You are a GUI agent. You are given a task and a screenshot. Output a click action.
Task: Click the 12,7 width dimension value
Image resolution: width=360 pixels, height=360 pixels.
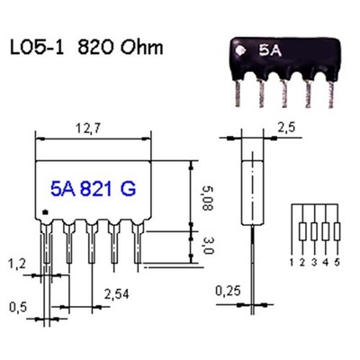(x=88, y=129)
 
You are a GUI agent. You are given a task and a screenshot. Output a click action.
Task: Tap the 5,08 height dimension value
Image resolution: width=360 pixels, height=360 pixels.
(x=207, y=198)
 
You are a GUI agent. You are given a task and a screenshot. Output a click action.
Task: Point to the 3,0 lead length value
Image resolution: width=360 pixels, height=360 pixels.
(x=207, y=247)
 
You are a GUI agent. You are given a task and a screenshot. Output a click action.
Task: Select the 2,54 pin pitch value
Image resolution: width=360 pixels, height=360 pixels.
(x=117, y=294)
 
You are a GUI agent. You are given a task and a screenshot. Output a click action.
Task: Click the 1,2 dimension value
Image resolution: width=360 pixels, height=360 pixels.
(x=17, y=264)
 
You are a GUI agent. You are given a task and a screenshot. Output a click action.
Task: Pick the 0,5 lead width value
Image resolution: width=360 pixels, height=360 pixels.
(x=18, y=307)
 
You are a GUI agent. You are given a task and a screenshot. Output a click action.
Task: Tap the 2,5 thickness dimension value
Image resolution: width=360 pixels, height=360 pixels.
(x=286, y=128)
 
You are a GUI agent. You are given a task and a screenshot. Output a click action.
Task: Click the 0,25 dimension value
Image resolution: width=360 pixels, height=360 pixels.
(x=228, y=291)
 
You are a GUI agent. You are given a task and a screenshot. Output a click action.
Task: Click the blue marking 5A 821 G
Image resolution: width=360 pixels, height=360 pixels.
(x=94, y=189)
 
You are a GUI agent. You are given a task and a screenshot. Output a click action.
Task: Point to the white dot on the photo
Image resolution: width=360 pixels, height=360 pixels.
(x=240, y=50)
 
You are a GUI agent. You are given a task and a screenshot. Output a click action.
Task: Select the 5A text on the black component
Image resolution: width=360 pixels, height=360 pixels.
(x=270, y=51)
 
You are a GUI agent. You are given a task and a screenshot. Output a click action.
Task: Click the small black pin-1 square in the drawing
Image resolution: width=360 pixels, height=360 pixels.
(x=46, y=212)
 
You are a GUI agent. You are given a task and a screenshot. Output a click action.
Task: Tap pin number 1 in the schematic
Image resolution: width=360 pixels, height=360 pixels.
(x=292, y=263)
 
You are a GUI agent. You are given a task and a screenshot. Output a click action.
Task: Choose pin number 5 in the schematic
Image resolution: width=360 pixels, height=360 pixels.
(x=337, y=263)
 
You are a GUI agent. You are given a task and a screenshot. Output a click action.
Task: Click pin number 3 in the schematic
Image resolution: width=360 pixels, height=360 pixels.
(x=314, y=263)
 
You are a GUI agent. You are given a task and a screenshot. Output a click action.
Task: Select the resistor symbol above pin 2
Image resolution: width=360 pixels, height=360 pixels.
(x=302, y=231)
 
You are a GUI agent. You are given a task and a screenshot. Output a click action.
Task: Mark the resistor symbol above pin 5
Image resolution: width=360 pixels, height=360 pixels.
(x=337, y=231)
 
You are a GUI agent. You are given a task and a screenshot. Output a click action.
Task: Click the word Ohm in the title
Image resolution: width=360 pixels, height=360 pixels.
(x=142, y=47)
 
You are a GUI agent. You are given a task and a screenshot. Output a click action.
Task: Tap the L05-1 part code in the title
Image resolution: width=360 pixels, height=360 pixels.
(x=37, y=48)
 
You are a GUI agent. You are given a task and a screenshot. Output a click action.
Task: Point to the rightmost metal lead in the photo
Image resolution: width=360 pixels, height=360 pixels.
(x=330, y=94)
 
